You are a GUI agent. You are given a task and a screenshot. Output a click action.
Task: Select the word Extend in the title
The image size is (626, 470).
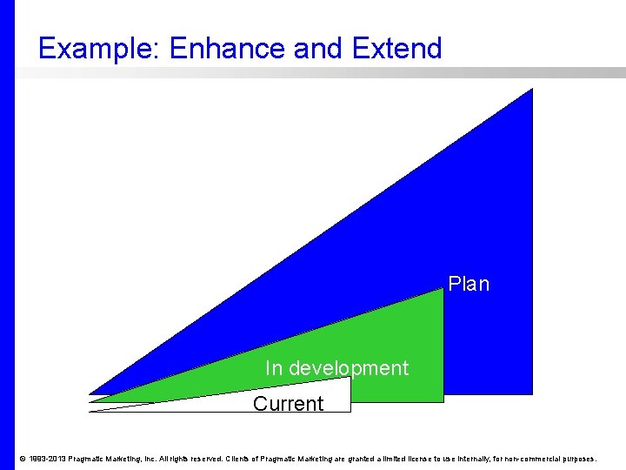point(397,49)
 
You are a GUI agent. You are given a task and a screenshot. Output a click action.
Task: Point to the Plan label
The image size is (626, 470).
point(469,284)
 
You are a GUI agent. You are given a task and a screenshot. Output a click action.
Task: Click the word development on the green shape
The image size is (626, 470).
point(348,368)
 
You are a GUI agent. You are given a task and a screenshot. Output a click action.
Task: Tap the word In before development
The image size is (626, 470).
point(274,368)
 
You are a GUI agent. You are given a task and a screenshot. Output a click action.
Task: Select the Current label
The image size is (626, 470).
point(288,404)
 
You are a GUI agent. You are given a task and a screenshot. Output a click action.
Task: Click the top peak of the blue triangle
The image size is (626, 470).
point(530,91)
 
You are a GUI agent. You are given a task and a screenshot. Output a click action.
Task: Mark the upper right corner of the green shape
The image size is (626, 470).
point(443,290)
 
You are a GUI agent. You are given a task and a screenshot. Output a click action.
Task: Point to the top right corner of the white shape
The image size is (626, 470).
point(350,378)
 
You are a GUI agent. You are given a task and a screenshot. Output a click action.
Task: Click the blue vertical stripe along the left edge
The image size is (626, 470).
point(7,235)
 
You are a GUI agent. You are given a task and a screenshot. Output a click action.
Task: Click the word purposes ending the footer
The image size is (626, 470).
point(579,459)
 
